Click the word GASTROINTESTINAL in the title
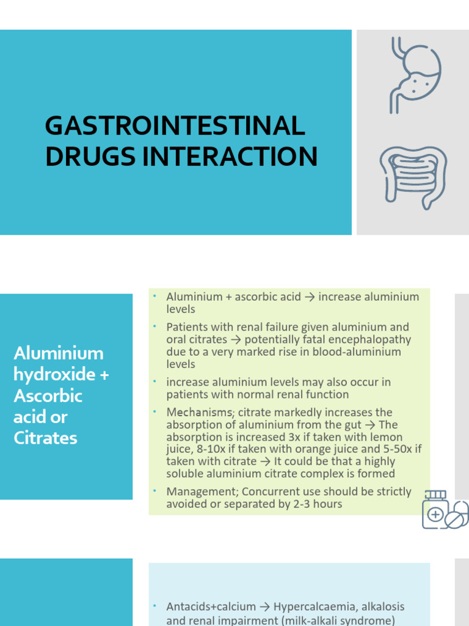tap(175, 127)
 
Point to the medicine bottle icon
tap(435, 509)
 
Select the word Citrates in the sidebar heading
tap(45, 438)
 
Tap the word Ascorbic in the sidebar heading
tap(48, 396)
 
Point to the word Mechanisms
tap(195, 413)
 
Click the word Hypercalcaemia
tap(314, 607)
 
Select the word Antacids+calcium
tap(211, 607)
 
